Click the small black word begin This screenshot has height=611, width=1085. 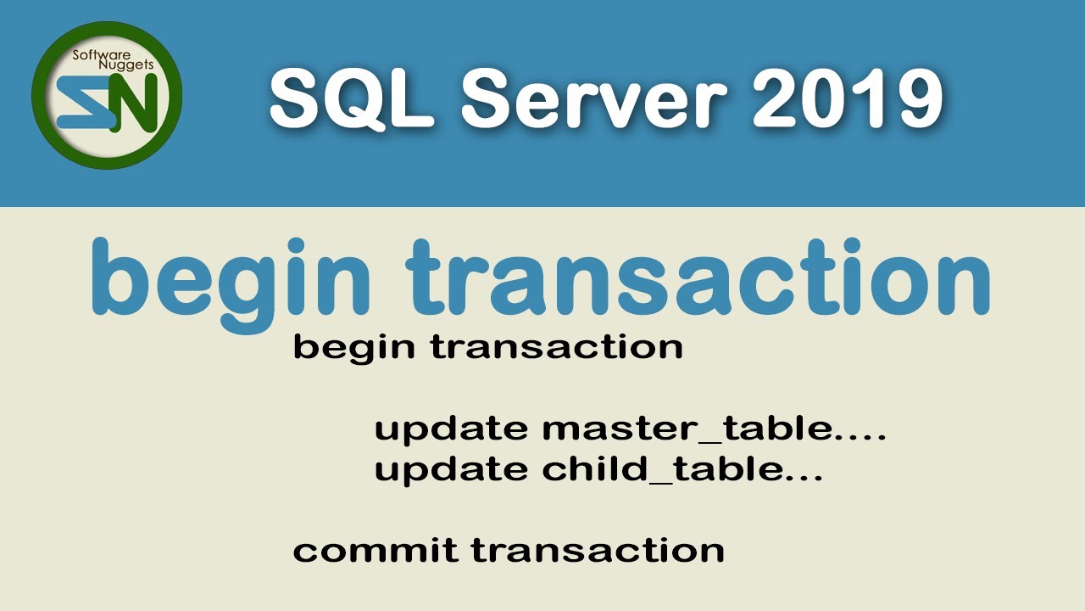pyautogui.click(x=355, y=349)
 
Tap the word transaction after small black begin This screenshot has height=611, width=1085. pyautogui.click(x=557, y=347)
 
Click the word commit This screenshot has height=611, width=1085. pyautogui.click(x=375, y=550)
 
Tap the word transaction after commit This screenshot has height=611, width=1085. pyautogui.click(x=598, y=550)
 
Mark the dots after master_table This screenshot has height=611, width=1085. pyautogui.click(x=860, y=437)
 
